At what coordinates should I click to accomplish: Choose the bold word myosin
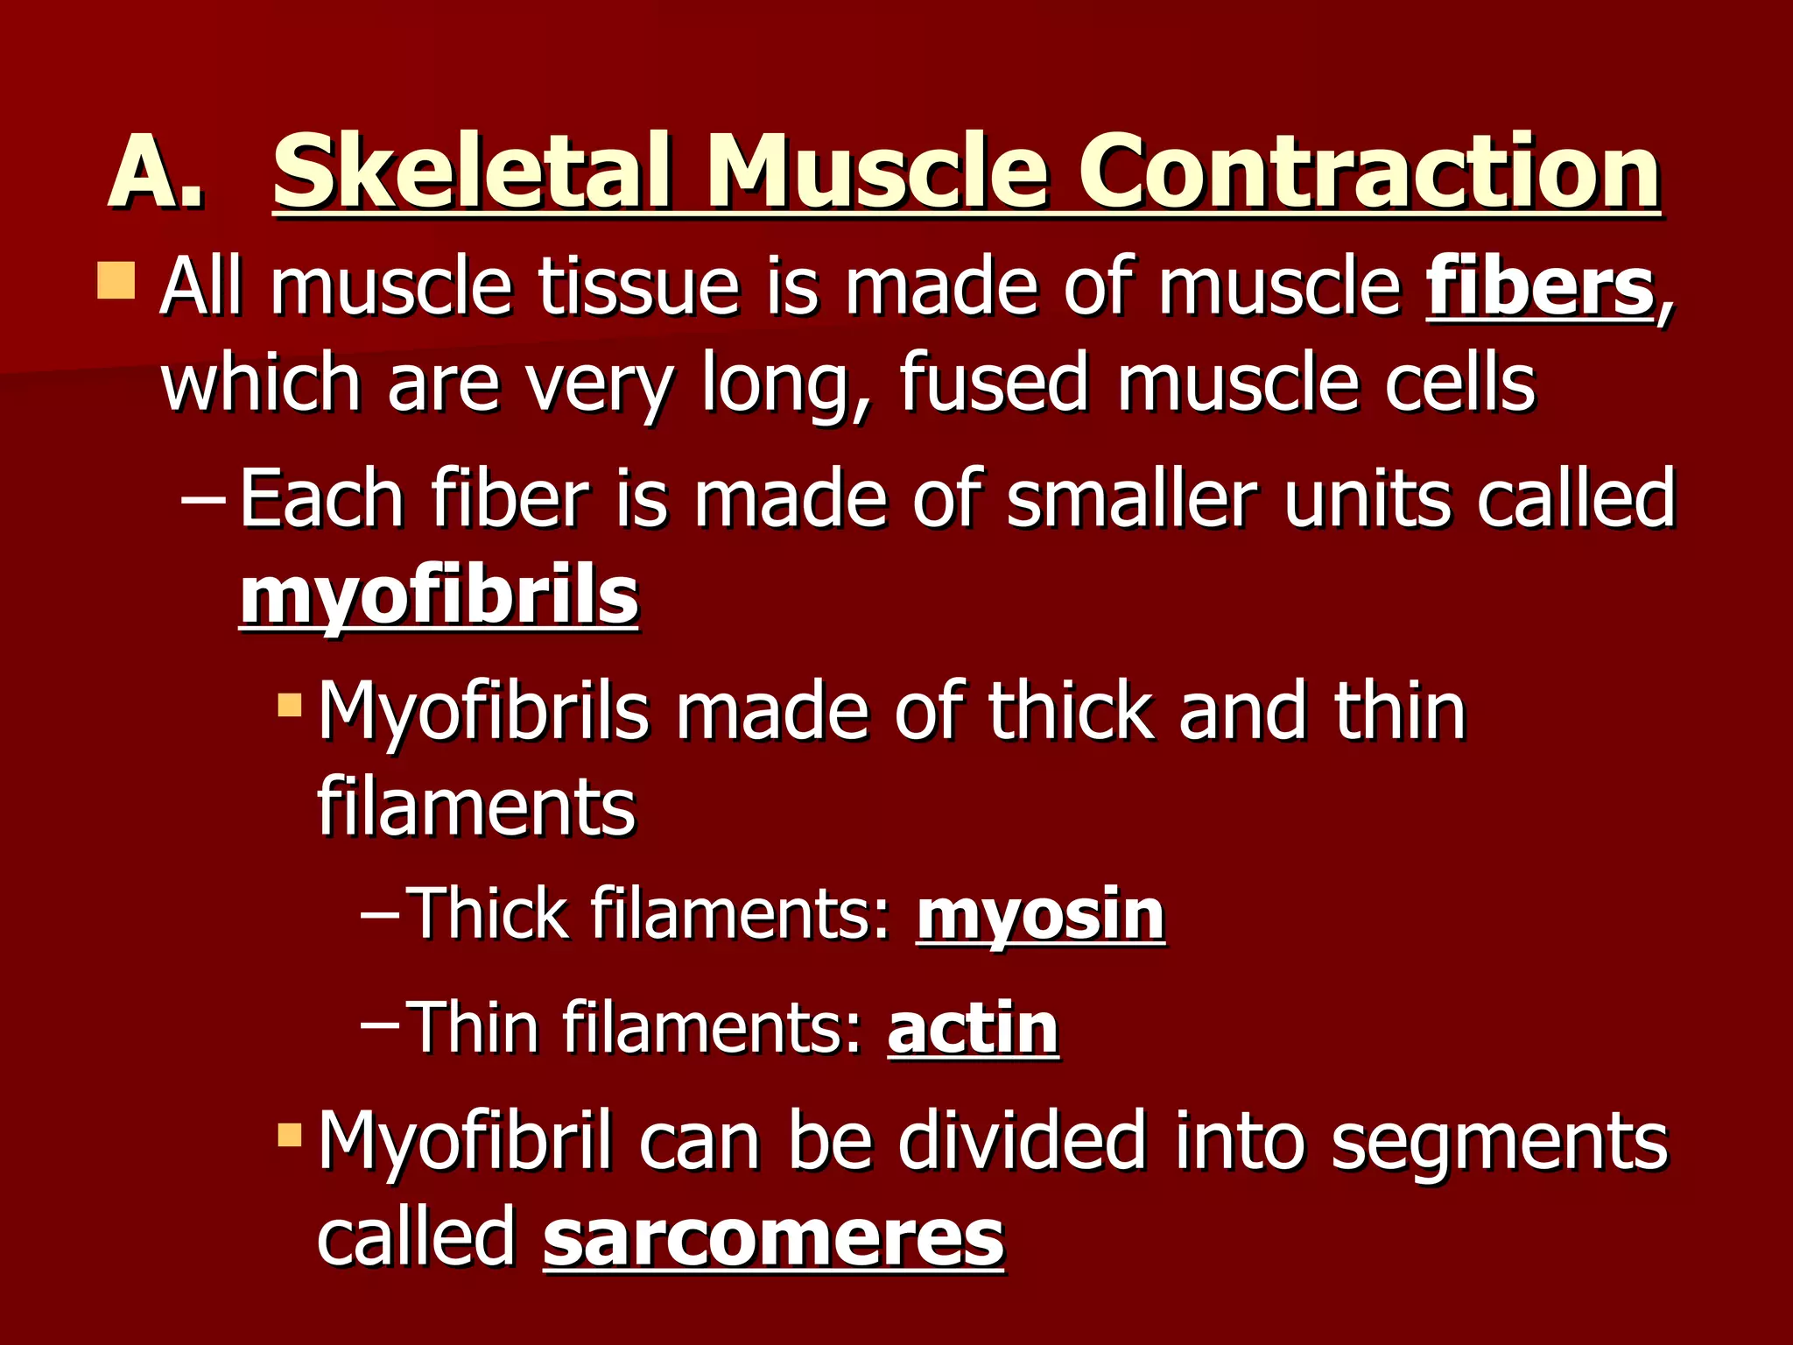pyautogui.click(x=1040, y=915)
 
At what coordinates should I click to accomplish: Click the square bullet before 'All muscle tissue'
pyautogui.click(x=116, y=279)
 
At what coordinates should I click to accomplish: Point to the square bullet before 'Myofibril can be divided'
pyautogui.click(x=289, y=1136)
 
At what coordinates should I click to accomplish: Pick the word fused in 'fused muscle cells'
pyautogui.click(x=995, y=383)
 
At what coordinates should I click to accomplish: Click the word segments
pyautogui.click(x=1499, y=1143)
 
